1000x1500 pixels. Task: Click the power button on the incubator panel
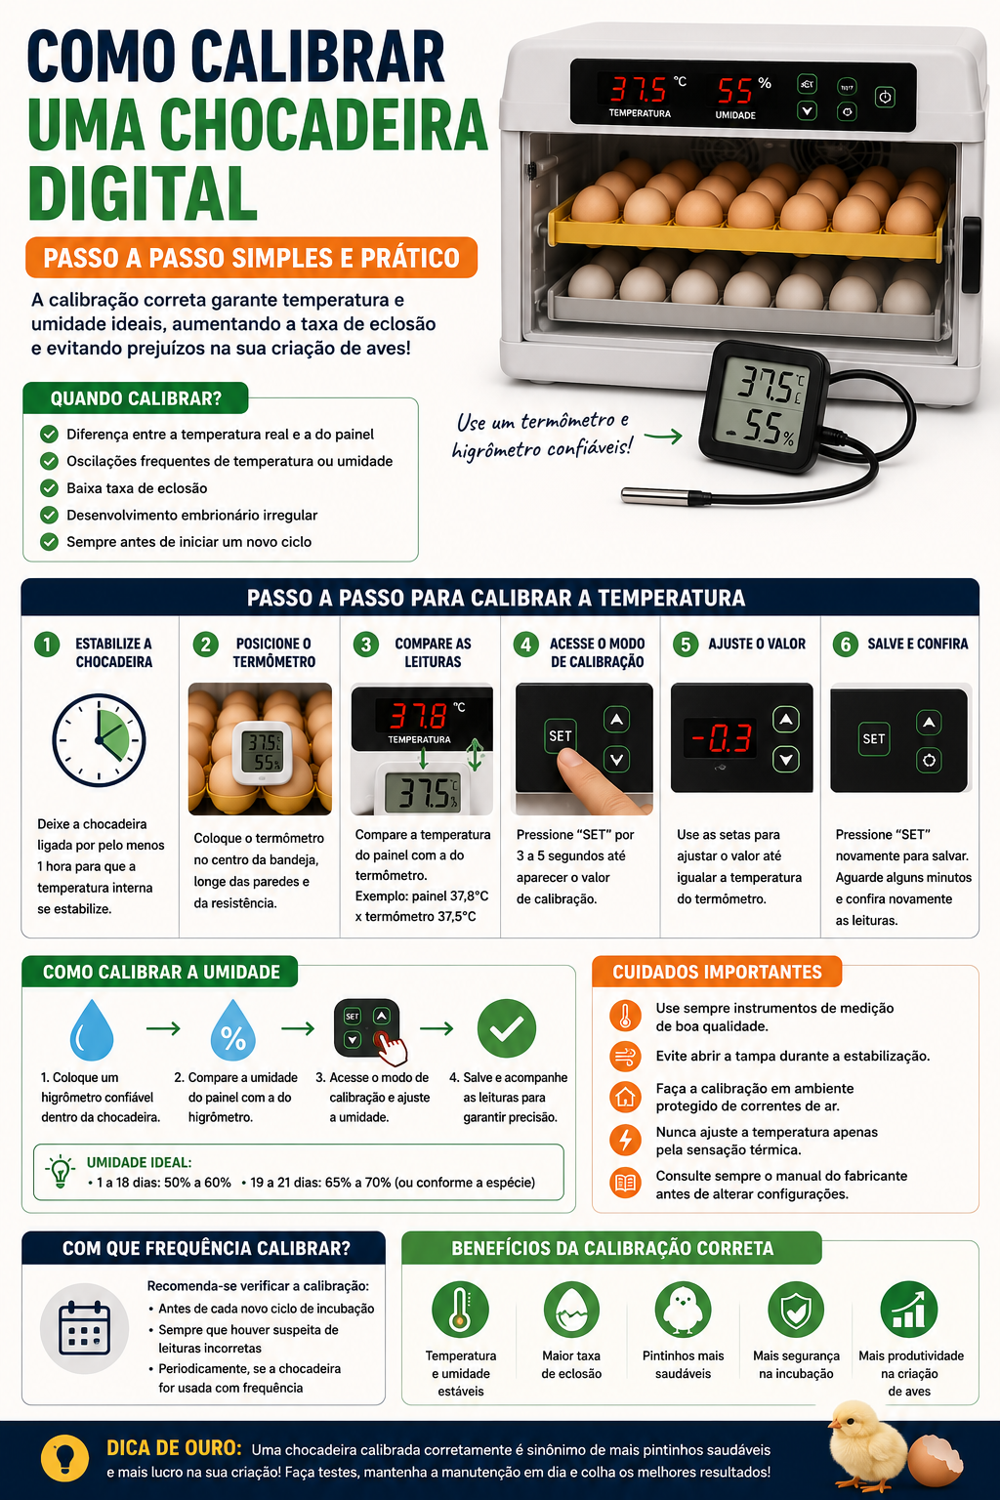[885, 97]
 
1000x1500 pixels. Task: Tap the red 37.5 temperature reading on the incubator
[638, 89]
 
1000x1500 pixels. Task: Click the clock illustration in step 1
[100, 740]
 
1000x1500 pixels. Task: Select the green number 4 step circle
[525, 645]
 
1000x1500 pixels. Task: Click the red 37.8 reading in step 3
[418, 716]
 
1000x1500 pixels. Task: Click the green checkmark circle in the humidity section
[507, 1028]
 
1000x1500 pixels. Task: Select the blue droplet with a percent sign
[233, 1030]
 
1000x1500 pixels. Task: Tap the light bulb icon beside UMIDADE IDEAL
[61, 1171]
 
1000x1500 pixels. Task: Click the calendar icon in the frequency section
[84, 1328]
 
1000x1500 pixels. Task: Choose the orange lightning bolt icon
[625, 1140]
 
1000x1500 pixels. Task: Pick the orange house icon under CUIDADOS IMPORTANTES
[625, 1097]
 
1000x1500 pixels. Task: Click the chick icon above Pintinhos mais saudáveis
[684, 1310]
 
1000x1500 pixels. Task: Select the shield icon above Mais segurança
[796, 1310]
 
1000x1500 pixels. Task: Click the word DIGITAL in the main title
[144, 193]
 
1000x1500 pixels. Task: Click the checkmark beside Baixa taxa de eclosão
[49, 487]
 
